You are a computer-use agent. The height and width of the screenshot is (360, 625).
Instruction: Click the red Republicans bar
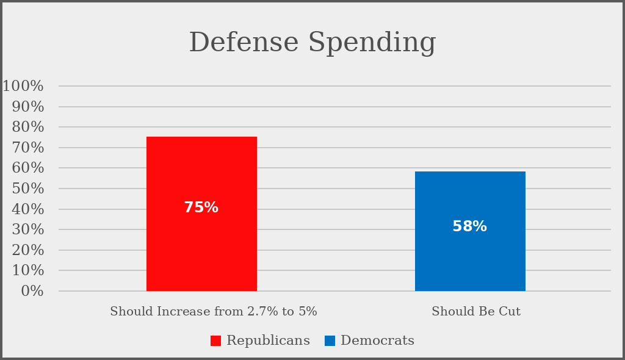[x=201, y=171]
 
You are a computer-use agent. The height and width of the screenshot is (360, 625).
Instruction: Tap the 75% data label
[x=201, y=208]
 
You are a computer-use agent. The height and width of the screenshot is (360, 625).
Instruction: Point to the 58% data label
[x=469, y=227]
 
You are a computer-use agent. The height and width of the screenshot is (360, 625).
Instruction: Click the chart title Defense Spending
[x=312, y=43]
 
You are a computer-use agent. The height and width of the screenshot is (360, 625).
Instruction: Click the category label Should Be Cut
[x=476, y=311]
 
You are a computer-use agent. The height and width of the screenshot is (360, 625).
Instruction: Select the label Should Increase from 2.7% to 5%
[x=214, y=311]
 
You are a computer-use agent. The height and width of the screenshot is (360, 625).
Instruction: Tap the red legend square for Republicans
[x=215, y=340]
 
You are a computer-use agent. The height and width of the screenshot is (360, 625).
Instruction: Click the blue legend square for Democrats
[x=330, y=340]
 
